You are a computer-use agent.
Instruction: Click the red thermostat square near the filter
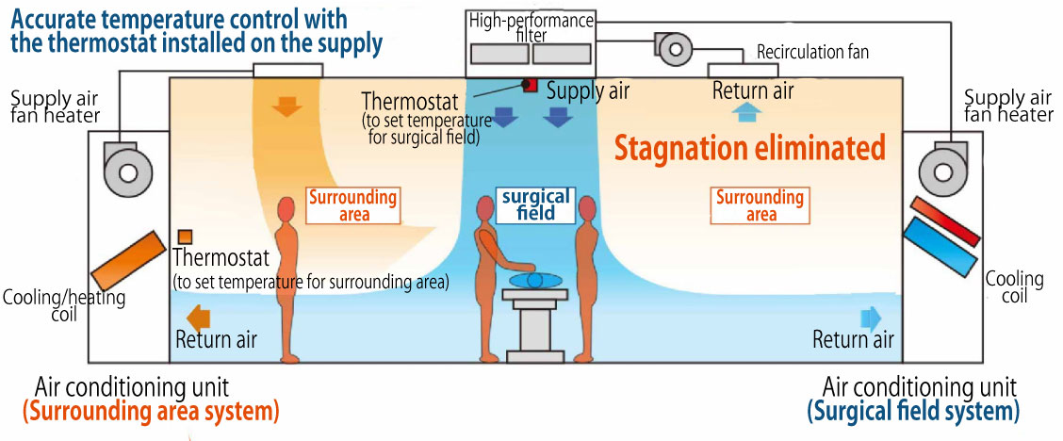531,85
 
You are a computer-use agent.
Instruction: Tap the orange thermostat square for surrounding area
186,236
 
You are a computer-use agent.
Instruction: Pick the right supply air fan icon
939,171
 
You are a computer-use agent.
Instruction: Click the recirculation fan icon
673,46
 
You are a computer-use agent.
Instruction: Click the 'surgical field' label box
535,205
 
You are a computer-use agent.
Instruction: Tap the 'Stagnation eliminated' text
750,148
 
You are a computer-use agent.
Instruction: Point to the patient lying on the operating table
533,279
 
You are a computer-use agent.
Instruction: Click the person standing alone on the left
288,278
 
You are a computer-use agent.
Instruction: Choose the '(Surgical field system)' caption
913,411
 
